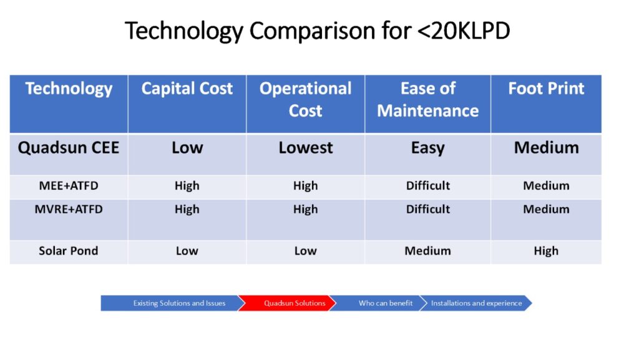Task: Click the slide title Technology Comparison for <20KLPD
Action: click(x=317, y=31)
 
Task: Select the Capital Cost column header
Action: click(x=187, y=89)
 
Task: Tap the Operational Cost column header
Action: click(x=306, y=99)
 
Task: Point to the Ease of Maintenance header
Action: click(x=428, y=99)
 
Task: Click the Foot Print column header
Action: click(x=546, y=89)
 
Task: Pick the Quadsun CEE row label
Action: click(x=69, y=147)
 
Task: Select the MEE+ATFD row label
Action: click(x=69, y=186)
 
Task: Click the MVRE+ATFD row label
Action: click(x=69, y=209)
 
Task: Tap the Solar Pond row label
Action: click(x=69, y=251)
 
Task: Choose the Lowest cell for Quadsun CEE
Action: click(x=306, y=147)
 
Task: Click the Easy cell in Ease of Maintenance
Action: click(x=428, y=148)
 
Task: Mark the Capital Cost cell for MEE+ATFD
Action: click(x=187, y=186)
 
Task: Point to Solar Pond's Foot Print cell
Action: click(x=546, y=251)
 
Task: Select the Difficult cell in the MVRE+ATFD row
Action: click(x=428, y=209)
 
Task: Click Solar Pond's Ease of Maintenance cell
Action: click(x=428, y=251)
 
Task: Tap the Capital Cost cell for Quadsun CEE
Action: click(x=187, y=147)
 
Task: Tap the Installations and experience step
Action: click(x=476, y=303)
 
